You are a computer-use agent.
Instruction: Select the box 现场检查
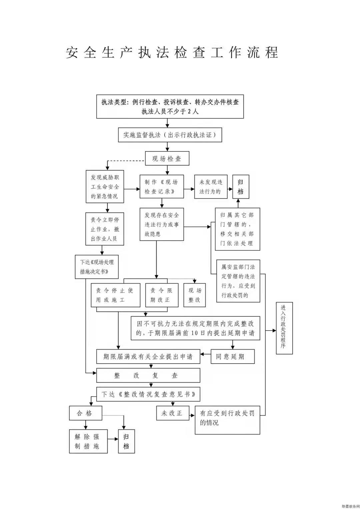point(167,159)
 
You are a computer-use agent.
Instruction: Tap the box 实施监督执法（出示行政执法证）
point(170,135)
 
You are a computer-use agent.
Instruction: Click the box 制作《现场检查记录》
point(162,187)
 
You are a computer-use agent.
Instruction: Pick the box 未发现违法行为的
point(210,187)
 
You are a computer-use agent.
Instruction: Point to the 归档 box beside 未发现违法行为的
point(241,187)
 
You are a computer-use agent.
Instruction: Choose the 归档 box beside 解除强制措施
point(126,441)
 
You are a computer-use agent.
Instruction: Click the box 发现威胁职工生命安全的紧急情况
point(105,187)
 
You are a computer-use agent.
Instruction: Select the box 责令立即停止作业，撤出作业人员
point(105,229)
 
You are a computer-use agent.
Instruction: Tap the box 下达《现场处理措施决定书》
point(97,267)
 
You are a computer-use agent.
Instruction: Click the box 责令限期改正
point(161,295)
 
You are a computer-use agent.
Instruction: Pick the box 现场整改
point(195,295)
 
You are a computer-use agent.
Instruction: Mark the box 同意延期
point(233,357)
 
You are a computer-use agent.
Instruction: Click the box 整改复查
point(148,376)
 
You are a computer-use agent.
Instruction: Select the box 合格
point(86,413)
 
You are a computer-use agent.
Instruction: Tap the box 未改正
point(173,413)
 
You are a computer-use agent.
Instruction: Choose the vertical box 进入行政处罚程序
point(284,328)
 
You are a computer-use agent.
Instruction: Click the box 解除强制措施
point(88,441)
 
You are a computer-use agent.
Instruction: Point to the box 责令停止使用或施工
point(115,295)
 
